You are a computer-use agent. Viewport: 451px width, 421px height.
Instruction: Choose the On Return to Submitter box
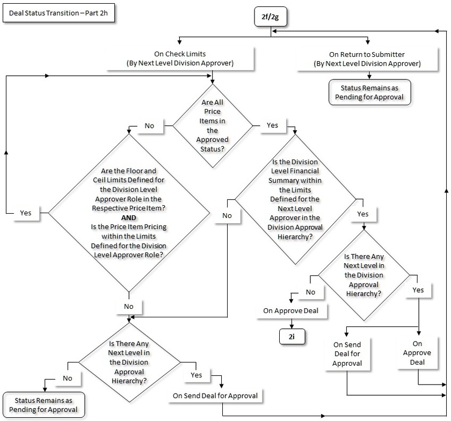pyautogui.click(x=367, y=59)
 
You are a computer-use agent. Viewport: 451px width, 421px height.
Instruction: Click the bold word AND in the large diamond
pyautogui.click(x=128, y=217)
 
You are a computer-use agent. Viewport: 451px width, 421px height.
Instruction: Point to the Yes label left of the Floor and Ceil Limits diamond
pyautogui.click(x=25, y=213)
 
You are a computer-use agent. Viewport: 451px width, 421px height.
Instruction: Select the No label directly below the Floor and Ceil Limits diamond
pyautogui.click(x=129, y=306)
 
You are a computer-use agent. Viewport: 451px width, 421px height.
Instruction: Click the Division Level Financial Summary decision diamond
pyautogui.click(x=295, y=200)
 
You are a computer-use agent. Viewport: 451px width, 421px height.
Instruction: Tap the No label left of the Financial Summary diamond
pyautogui.click(x=227, y=215)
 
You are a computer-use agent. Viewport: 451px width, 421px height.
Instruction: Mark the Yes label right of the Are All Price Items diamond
pyautogui.click(x=272, y=125)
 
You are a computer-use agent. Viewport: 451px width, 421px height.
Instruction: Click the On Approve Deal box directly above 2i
pyautogui.click(x=291, y=310)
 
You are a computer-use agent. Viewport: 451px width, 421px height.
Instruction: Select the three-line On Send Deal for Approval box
pyautogui.click(x=347, y=354)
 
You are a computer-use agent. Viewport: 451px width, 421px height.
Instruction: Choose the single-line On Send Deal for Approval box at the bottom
pyautogui.click(x=215, y=396)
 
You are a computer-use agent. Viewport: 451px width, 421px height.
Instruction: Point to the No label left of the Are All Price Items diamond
pyautogui.click(x=150, y=126)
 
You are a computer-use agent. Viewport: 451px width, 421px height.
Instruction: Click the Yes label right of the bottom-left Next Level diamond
pyautogui.click(x=197, y=375)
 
